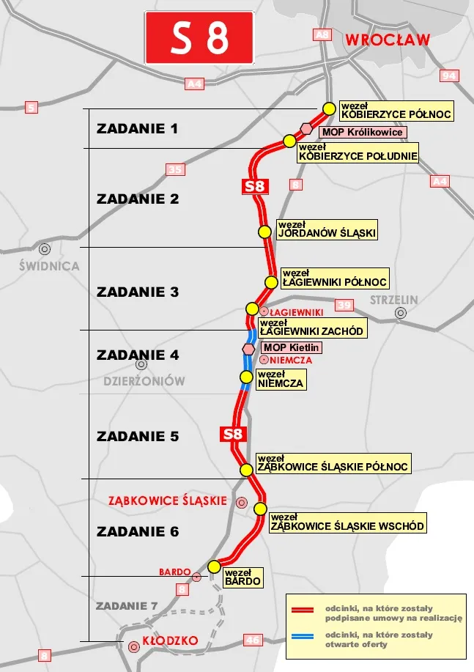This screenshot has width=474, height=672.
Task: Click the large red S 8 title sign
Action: (x=199, y=37)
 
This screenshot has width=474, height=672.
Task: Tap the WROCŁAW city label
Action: (x=388, y=41)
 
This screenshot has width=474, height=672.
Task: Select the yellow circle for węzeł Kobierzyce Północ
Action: (x=329, y=108)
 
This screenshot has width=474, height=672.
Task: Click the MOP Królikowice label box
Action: (x=362, y=132)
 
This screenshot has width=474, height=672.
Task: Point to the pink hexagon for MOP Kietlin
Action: (x=249, y=348)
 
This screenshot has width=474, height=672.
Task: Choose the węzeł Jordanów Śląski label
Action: (x=327, y=229)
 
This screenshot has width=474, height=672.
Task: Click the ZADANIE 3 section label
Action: (x=138, y=292)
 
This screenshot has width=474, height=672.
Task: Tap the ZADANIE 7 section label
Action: (x=127, y=605)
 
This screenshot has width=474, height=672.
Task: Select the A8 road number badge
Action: (x=322, y=34)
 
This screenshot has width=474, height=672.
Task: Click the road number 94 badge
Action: (x=449, y=75)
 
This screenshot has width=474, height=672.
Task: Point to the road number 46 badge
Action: (x=253, y=640)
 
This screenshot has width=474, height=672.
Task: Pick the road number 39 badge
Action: (x=344, y=305)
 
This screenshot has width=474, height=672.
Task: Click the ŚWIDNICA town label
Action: (x=49, y=266)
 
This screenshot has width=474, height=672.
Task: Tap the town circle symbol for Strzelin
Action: (x=401, y=313)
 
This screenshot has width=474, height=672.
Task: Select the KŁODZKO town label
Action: (x=170, y=640)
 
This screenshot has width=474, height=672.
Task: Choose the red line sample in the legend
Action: (x=303, y=610)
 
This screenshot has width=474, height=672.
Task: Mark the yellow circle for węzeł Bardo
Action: (x=215, y=566)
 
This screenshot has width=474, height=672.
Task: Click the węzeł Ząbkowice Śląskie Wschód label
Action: (x=347, y=522)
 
